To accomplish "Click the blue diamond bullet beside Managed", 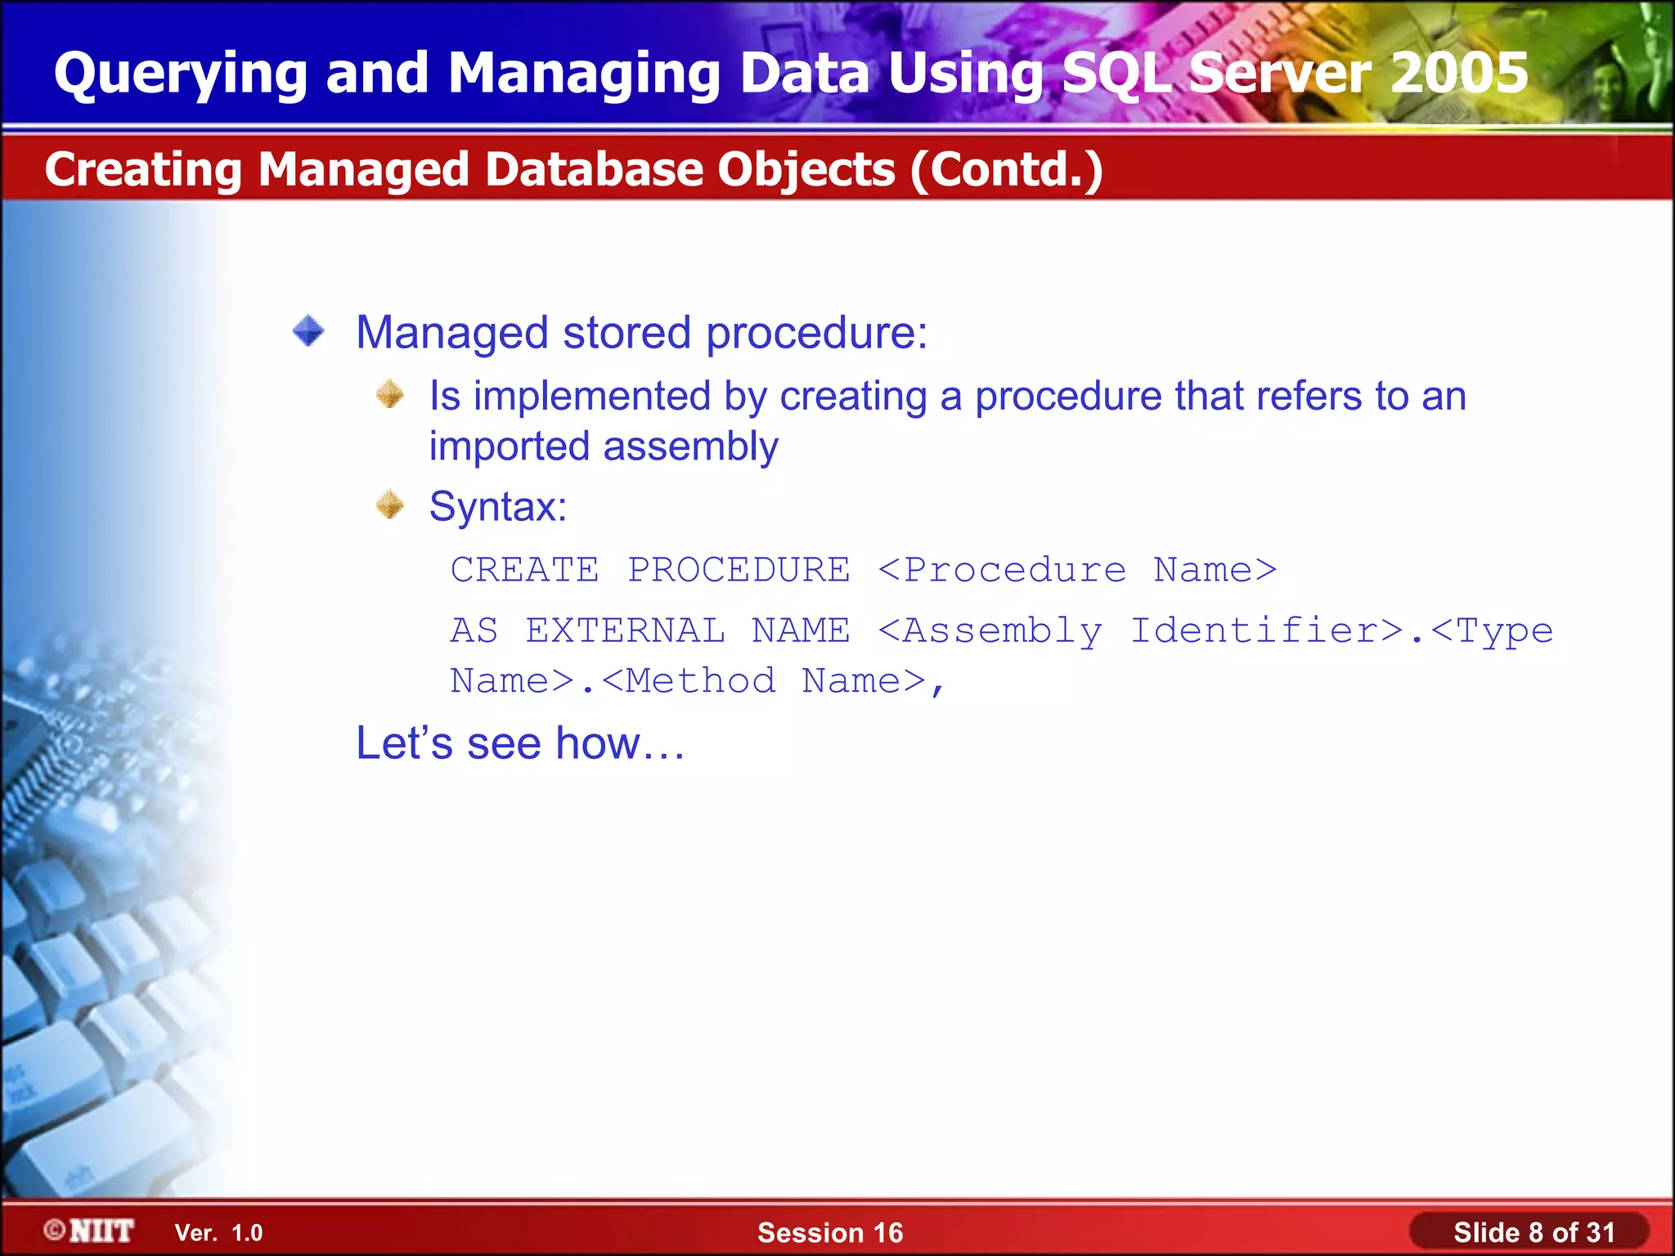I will (x=308, y=331).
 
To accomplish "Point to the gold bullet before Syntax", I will (x=390, y=505).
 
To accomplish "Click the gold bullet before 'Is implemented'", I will (x=390, y=395).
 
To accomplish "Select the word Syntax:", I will (x=498, y=506).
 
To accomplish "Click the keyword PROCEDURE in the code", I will (x=739, y=570).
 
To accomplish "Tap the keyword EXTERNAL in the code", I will (x=625, y=630).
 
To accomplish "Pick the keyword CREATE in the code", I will (x=524, y=570).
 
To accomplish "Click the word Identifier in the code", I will (x=1266, y=630).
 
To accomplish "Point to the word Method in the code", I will (x=700, y=681).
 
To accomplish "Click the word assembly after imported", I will (x=690, y=447).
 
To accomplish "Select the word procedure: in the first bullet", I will (x=816, y=334).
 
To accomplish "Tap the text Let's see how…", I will (x=520, y=743).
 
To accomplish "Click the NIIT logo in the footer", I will (x=90, y=1231).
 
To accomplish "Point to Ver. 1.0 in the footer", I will (x=218, y=1233).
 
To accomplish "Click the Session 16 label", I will (x=829, y=1232).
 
